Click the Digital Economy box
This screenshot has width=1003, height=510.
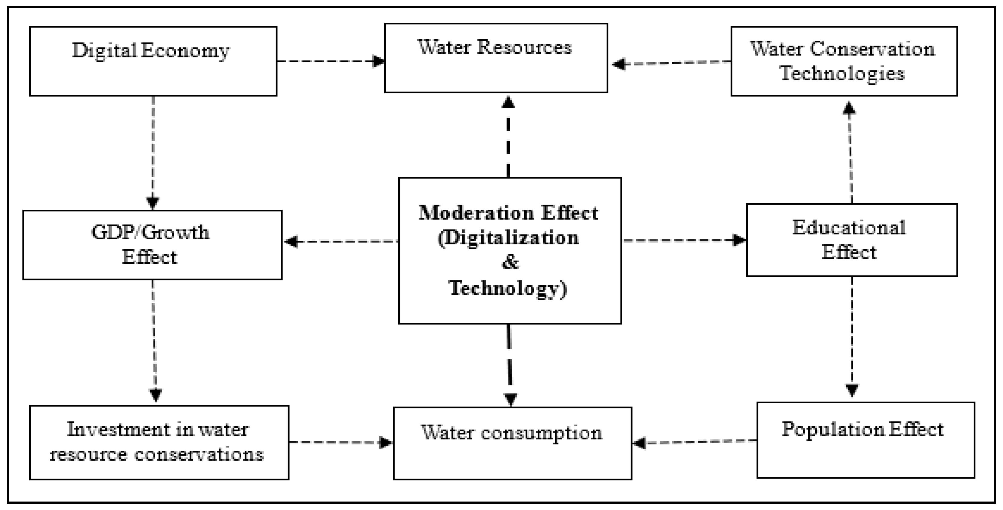pyautogui.click(x=153, y=61)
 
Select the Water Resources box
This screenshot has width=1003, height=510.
pyautogui.click(x=496, y=58)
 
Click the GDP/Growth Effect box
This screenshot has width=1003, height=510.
pyautogui.click(x=152, y=245)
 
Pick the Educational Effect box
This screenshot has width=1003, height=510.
pyautogui.click(x=852, y=240)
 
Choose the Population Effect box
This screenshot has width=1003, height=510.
pyautogui.click(x=865, y=440)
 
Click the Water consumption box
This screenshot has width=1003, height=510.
pyautogui.click(x=512, y=443)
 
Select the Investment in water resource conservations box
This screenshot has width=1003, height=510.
pyautogui.click(x=159, y=442)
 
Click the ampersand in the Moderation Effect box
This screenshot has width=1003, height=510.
pyautogui.click(x=510, y=262)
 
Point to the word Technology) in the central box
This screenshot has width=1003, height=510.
pyautogui.click(x=508, y=289)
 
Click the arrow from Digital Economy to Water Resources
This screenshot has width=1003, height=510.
pyautogui.click(x=331, y=61)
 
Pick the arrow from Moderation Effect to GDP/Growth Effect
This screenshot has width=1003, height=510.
pyautogui.click(x=341, y=242)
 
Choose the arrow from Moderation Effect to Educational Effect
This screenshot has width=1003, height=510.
pyautogui.click(x=684, y=240)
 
